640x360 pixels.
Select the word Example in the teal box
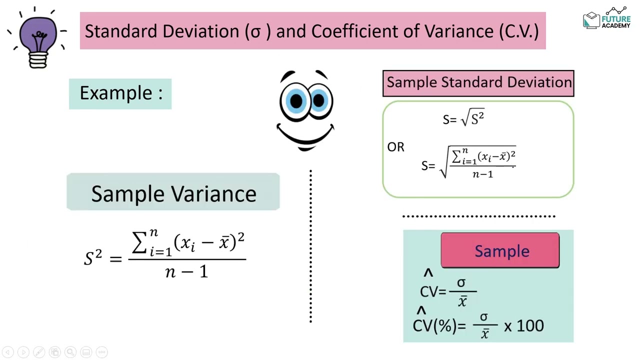click(x=115, y=93)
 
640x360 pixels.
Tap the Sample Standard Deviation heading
click(x=478, y=82)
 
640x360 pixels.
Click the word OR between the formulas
click(x=395, y=147)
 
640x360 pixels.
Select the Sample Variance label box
click(x=173, y=193)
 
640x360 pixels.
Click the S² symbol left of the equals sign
click(x=93, y=258)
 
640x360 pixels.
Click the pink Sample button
click(x=500, y=250)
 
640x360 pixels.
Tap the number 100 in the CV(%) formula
click(x=530, y=326)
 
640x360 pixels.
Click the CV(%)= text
click(x=439, y=326)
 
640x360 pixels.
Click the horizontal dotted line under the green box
click(x=478, y=216)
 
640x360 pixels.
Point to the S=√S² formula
click(x=463, y=119)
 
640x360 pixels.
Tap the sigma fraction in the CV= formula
click(x=462, y=291)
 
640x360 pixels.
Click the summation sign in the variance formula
click(x=141, y=243)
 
